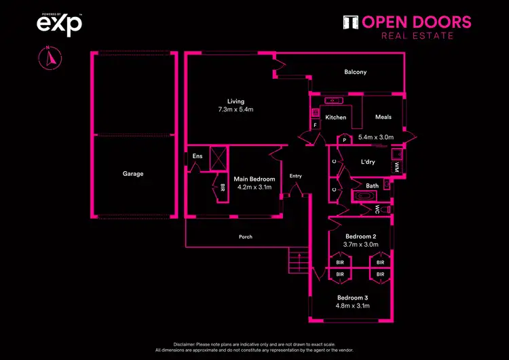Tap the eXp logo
pyautogui.click(x=59, y=24)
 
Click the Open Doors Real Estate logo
pyautogui.click(x=407, y=26)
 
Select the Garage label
pyautogui.click(x=133, y=174)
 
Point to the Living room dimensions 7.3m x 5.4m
pyautogui.click(x=235, y=109)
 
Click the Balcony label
pyautogui.click(x=355, y=72)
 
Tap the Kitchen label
pyautogui.click(x=335, y=118)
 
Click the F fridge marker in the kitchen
pyautogui.click(x=315, y=126)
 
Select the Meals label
pyautogui.click(x=383, y=117)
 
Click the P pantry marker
pyautogui.click(x=345, y=140)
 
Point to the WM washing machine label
pyautogui.click(x=397, y=166)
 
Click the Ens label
pyautogui.click(x=197, y=156)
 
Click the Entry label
pyautogui.click(x=295, y=176)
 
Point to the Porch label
pyautogui.click(x=246, y=237)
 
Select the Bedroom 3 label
pyautogui.click(x=353, y=298)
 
